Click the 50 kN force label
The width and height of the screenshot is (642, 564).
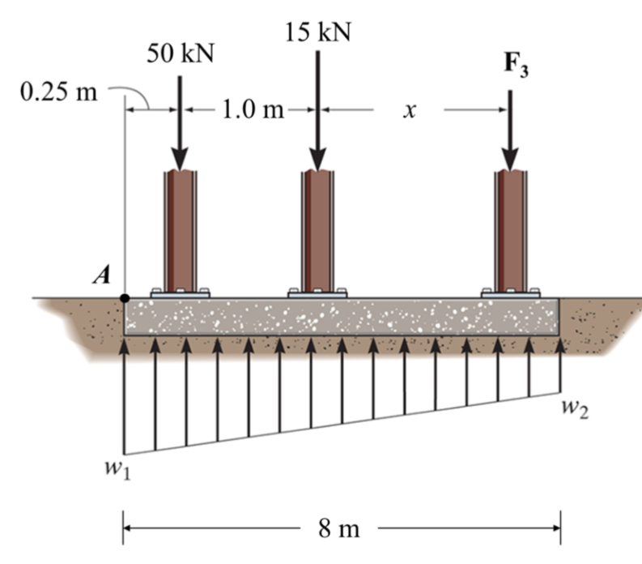[179, 54]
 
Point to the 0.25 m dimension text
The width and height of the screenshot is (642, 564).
[57, 92]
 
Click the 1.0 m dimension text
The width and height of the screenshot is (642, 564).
[252, 109]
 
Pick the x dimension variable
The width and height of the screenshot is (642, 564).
[410, 112]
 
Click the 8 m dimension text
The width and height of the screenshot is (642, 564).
[339, 530]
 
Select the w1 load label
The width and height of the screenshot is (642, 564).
[121, 472]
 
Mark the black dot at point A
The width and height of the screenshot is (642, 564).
[124, 298]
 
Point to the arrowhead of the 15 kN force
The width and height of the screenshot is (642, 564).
[318, 159]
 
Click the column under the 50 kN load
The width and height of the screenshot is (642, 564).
[180, 231]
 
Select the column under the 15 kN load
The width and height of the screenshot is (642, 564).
[318, 231]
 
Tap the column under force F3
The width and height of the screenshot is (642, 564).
[510, 231]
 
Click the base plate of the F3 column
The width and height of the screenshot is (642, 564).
[510, 293]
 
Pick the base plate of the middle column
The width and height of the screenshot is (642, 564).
[318, 293]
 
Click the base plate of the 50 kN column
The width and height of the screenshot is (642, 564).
[180, 293]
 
